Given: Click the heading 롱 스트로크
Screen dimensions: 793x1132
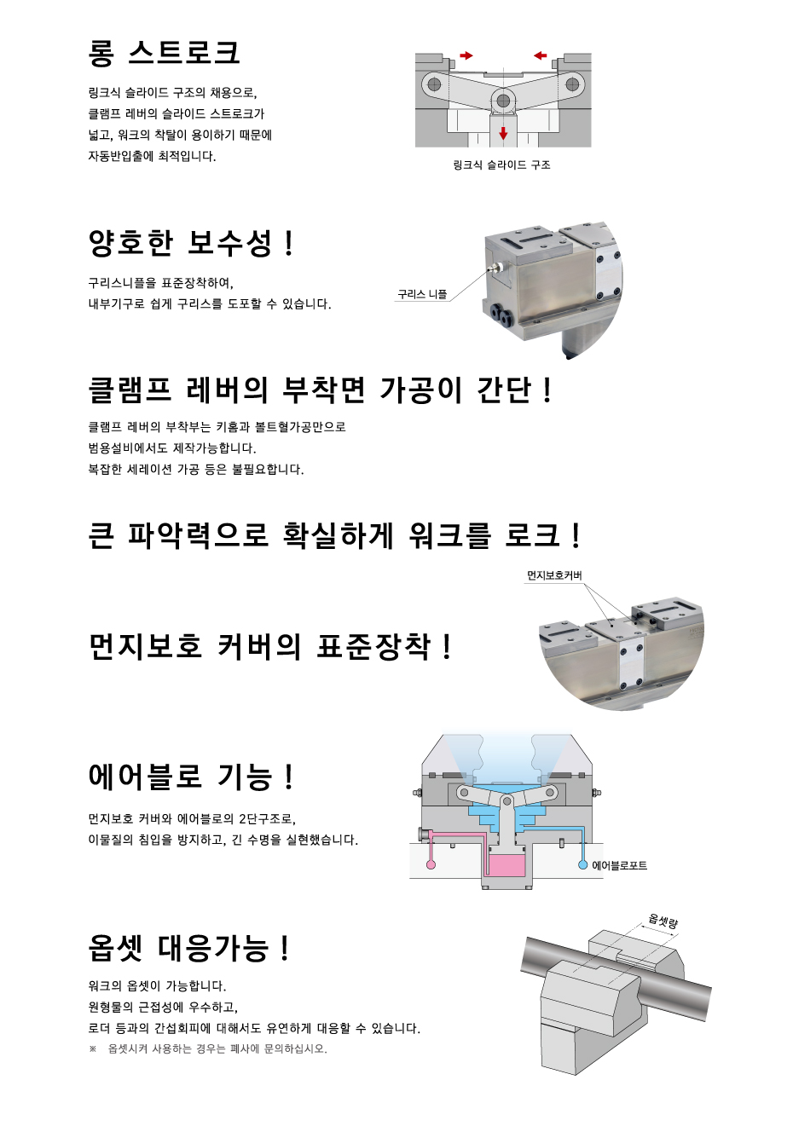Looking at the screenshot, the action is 163,53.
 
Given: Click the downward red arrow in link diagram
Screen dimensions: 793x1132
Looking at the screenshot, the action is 503,133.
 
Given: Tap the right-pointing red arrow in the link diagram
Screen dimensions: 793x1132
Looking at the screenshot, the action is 466,55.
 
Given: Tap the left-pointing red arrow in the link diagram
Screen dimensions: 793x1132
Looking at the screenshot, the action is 541,55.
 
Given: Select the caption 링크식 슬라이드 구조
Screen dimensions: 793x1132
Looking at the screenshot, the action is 502,165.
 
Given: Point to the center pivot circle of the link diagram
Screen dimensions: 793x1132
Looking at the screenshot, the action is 503,101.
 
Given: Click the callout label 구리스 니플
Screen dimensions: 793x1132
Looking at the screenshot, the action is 422,294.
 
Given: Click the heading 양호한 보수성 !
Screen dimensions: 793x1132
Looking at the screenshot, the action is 190,243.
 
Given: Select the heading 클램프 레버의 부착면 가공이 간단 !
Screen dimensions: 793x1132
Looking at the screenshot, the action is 320,390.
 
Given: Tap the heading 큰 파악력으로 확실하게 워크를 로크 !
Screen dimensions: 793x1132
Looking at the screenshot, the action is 334,535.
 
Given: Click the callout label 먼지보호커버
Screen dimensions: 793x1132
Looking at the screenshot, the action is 554,575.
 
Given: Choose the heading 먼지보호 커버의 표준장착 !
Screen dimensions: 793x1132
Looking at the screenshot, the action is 269,647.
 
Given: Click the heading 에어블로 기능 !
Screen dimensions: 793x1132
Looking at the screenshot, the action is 190,777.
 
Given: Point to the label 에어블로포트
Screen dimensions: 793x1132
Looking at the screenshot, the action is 619,865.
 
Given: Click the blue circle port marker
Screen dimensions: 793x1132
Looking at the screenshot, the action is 582,864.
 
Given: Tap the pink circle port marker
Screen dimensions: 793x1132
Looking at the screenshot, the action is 431,864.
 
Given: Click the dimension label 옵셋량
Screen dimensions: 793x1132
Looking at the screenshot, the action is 663,921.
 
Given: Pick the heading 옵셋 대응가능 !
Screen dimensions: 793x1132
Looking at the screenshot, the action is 189,948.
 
